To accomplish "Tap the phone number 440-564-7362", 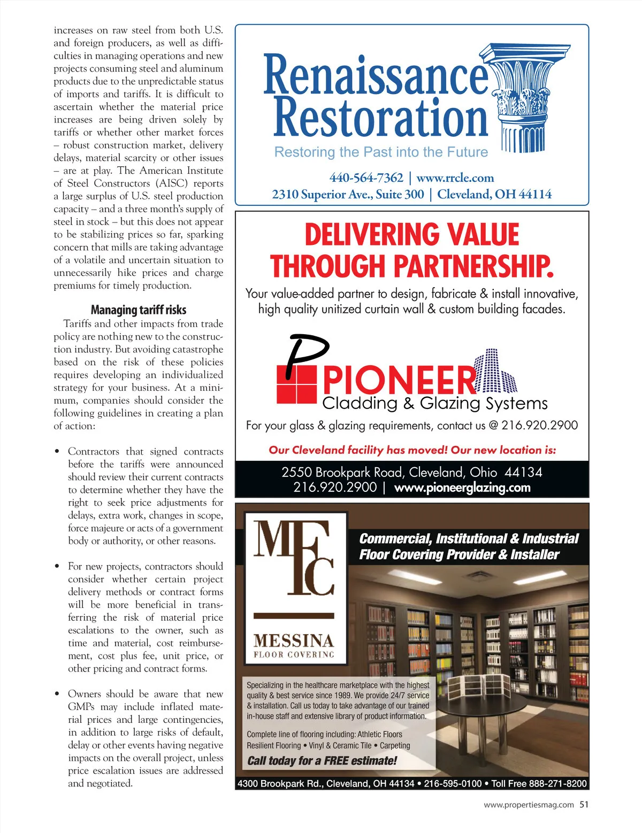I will click(366, 178).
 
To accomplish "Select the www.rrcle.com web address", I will click(455, 178).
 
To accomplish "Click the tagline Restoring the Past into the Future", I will click(381, 152).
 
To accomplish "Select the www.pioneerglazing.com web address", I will click(462, 488).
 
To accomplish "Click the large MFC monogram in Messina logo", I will click(294, 559).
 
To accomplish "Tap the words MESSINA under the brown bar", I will click(294, 640).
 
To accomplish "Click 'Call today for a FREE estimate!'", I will click(322, 760).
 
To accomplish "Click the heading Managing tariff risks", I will click(138, 310).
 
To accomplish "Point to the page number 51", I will click(584, 804).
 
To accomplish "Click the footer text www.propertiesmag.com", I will click(529, 805).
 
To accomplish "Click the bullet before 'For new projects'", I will click(57, 567).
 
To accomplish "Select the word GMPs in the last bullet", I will click(81, 707).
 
